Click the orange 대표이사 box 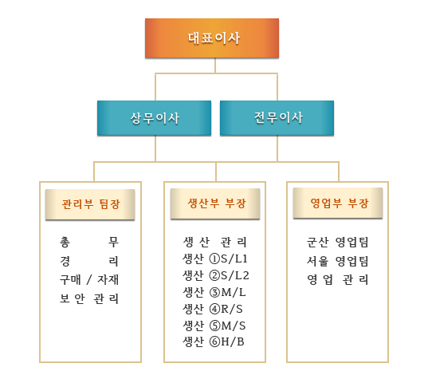click(x=212, y=38)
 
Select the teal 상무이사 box click(x=154, y=118)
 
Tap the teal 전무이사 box click(x=277, y=118)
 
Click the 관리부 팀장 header click(x=90, y=204)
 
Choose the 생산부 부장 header click(x=215, y=203)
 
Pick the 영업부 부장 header click(x=338, y=203)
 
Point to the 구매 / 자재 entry click(x=89, y=279)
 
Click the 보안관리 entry click(x=89, y=298)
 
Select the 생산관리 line click(x=215, y=242)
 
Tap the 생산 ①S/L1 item click(x=215, y=259)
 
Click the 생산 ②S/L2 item click(x=216, y=275)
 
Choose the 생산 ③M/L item click(x=214, y=292)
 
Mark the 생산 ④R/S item click(x=213, y=309)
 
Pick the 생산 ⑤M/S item click(x=214, y=326)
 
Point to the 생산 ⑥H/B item click(x=214, y=342)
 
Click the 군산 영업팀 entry click(x=338, y=242)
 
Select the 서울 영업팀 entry click(x=338, y=261)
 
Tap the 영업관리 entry click(x=338, y=280)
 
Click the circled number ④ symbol click(x=214, y=310)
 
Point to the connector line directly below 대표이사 click(x=215, y=65)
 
